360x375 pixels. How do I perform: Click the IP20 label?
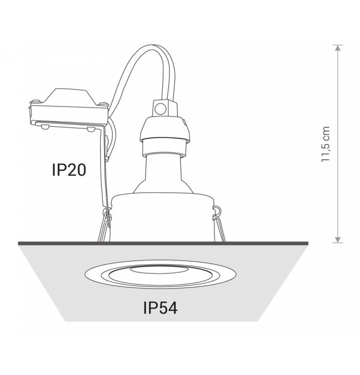click(x=69, y=170)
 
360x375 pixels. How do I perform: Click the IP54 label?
click(x=160, y=308)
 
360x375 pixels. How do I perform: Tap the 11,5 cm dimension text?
click(x=325, y=144)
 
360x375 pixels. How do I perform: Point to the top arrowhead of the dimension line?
click(x=337, y=48)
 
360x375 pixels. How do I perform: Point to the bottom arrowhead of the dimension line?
click(x=337, y=240)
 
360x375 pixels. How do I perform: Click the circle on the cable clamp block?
click(x=160, y=109)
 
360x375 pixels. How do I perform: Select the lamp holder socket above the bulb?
click(x=165, y=136)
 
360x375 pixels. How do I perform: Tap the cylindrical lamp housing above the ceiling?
click(x=163, y=217)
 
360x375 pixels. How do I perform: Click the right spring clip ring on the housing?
click(x=217, y=210)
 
